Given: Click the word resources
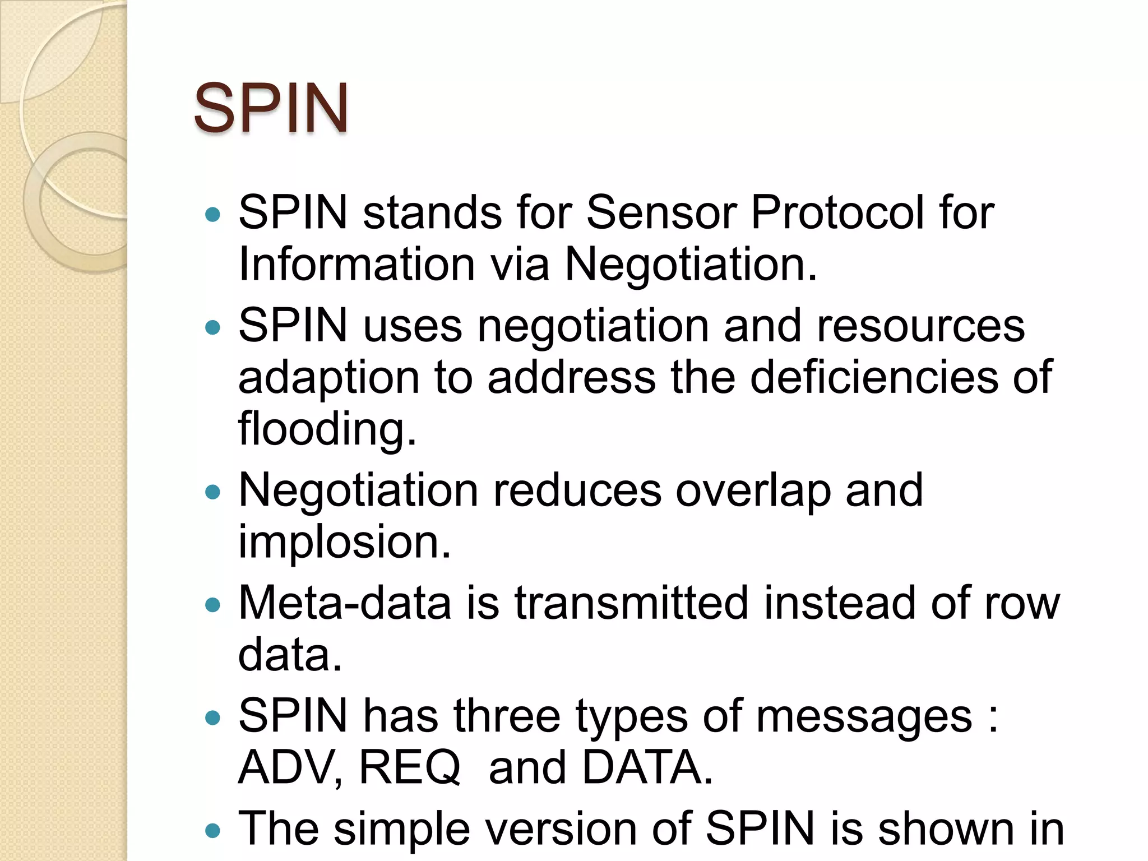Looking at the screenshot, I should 920,326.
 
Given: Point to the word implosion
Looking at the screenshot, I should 344,542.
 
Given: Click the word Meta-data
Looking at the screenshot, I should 345,604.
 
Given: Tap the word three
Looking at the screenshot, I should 507,717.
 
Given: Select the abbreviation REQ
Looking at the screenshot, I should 409,768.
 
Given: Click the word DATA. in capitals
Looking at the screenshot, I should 647,768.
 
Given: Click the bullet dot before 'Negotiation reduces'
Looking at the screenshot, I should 213,493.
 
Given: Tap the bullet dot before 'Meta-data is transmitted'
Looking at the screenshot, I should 213,605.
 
